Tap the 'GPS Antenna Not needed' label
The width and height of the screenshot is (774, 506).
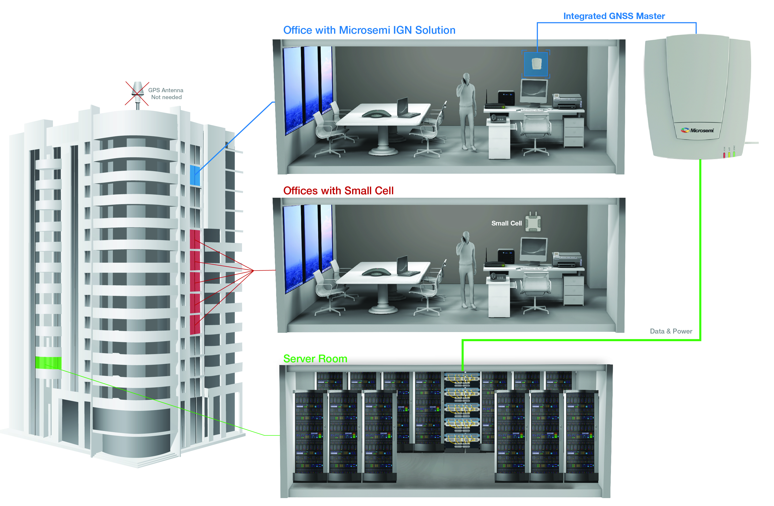166,93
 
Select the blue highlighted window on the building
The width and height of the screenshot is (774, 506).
194,175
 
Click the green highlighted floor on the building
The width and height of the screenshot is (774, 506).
48,363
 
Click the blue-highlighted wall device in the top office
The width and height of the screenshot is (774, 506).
536,64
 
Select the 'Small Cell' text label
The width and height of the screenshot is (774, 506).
506,223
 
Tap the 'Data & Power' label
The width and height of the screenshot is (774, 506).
671,331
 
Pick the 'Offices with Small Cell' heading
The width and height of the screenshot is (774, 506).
338,191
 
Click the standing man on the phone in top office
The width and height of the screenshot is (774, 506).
466,111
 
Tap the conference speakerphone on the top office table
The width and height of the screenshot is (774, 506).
376,114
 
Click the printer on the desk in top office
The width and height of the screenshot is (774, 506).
566,101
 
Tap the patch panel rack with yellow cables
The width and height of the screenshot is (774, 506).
462,410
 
